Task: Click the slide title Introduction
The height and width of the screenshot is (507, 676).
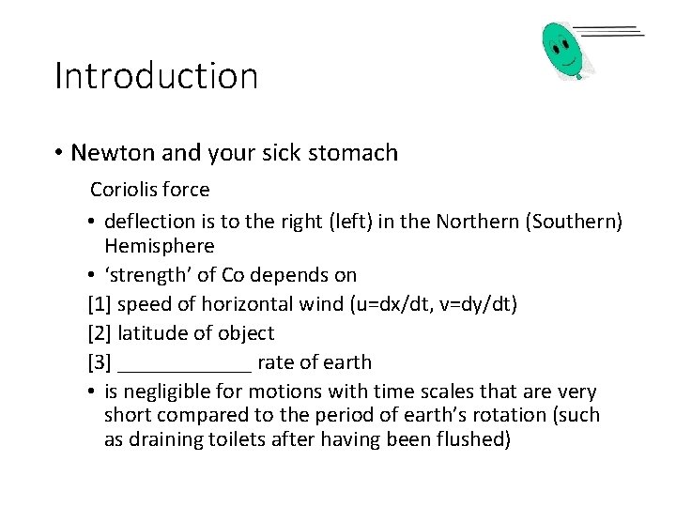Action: tap(156, 76)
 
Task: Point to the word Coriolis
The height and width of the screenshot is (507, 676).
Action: tap(122, 190)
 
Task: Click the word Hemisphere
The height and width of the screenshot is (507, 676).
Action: tap(160, 247)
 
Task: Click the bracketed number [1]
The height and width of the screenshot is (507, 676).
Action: tap(100, 304)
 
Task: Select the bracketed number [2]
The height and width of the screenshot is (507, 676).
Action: tap(100, 333)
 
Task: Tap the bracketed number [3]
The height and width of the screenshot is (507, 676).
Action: tap(100, 362)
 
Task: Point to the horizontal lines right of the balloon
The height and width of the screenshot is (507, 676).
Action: tap(608, 32)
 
